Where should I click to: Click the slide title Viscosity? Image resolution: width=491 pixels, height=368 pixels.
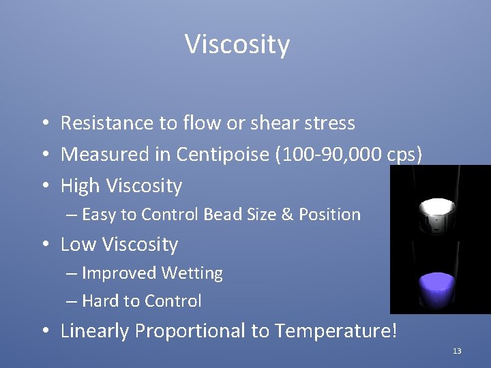[x=237, y=45]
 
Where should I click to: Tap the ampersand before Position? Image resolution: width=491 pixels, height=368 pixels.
[x=284, y=215]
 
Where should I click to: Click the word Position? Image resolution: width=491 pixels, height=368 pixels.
[x=328, y=215]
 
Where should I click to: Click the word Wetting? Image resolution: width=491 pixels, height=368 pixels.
[x=192, y=273]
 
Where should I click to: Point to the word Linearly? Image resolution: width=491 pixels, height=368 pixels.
[x=95, y=331]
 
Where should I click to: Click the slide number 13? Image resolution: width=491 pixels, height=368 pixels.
[x=456, y=351]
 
